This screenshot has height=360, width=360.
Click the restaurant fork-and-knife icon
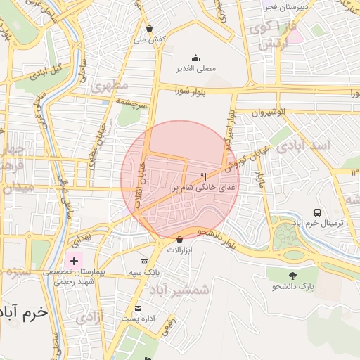click(203, 177)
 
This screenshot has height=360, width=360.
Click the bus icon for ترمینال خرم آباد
click(318, 212)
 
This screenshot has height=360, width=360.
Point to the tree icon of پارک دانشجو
click(293, 275)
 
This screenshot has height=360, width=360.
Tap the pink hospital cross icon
click(74, 260)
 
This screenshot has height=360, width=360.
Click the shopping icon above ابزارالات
click(180, 239)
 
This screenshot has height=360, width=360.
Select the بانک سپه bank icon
click(145, 261)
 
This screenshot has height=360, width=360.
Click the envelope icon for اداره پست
click(139, 309)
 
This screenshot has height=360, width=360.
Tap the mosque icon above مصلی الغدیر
click(195, 58)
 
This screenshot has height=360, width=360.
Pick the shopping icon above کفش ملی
click(149, 28)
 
